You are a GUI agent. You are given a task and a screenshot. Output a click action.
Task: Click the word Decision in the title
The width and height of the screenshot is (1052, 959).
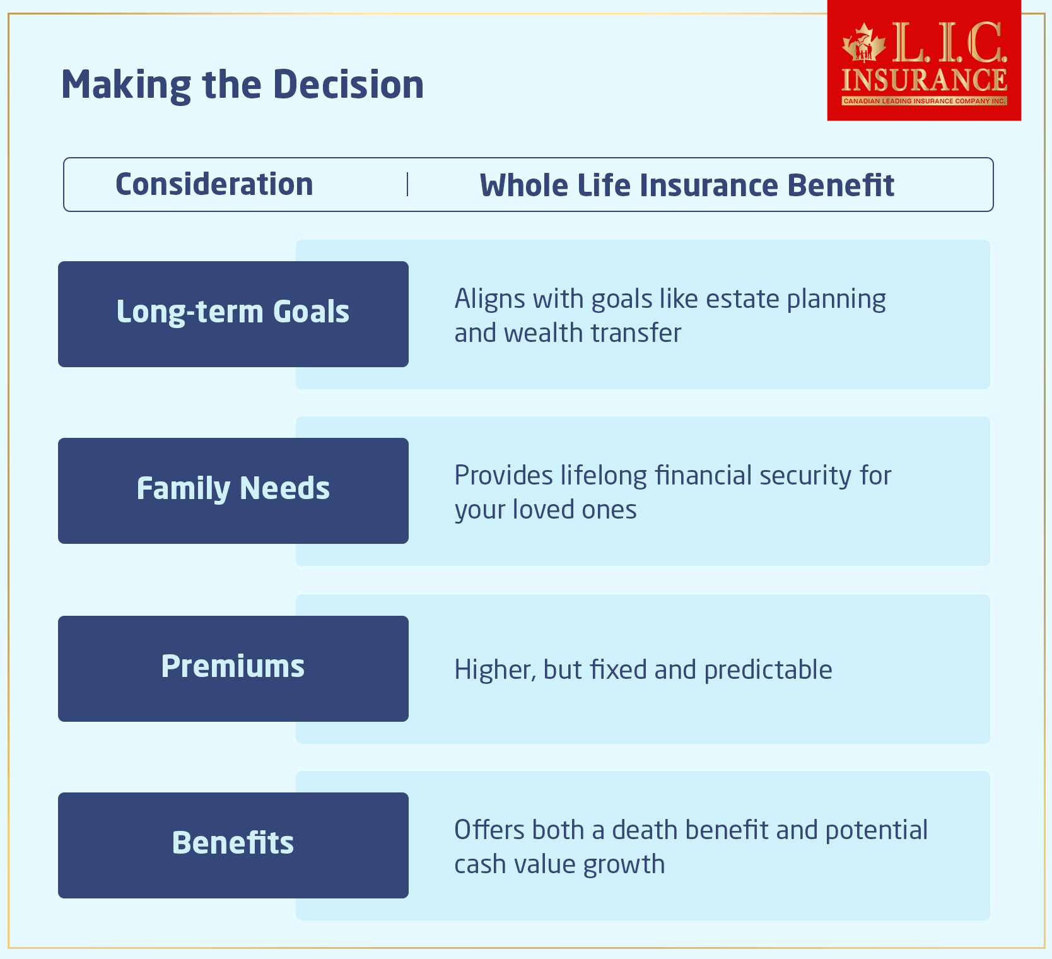(348, 85)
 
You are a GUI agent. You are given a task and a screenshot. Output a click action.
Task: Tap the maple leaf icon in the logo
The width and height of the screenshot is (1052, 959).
(863, 44)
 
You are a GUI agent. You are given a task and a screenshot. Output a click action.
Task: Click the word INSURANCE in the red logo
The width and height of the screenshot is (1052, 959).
(924, 80)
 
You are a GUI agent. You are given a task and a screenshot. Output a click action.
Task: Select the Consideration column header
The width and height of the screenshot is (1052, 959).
(214, 184)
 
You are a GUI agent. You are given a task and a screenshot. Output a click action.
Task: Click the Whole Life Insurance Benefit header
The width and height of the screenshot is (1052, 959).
(687, 185)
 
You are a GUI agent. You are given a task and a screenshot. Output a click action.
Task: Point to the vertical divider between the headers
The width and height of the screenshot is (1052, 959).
(407, 184)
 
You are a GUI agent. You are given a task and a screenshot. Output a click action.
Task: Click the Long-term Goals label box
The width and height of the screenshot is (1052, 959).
(233, 314)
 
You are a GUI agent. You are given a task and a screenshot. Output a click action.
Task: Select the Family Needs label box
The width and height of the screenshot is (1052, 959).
(233, 490)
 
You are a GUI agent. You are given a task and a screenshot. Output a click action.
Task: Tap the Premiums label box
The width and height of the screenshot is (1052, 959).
(233, 668)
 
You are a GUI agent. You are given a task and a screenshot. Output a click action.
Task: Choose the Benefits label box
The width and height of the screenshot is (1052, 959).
(233, 845)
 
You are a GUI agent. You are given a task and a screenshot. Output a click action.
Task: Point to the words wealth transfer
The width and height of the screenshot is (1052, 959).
(592, 333)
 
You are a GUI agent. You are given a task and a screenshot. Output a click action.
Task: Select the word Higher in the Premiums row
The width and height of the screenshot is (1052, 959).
(494, 670)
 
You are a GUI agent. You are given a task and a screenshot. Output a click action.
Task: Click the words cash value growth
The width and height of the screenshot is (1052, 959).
(559, 864)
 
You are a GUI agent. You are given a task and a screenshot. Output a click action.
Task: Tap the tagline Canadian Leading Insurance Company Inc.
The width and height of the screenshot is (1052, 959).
(924, 101)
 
